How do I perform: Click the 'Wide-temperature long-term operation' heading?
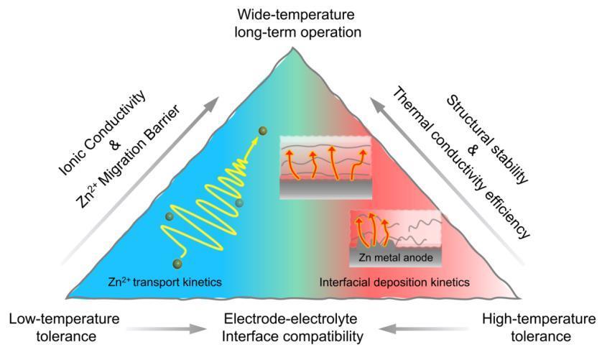click(x=298, y=24)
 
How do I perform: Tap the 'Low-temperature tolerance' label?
click(x=65, y=328)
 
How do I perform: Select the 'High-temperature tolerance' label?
click(x=539, y=328)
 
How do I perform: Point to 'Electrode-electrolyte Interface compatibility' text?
click(x=292, y=328)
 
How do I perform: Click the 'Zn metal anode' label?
click(x=395, y=257)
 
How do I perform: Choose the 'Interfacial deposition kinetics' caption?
click(x=394, y=282)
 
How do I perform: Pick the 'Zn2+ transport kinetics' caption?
click(x=165, y=282)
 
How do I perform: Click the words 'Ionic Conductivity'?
click(x=103, y=133)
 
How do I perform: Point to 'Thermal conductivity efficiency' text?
click(x=460, y=162)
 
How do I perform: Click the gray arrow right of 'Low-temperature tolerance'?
click(x=167, y=328)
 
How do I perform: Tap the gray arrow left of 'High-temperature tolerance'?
click(x=423, y=328)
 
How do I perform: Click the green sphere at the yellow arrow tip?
click(x=263, y=131)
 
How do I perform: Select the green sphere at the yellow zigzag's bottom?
click(x=177, y=264)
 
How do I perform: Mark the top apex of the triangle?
click(x=292, y=47)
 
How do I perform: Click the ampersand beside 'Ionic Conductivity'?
click(x=115, y=144)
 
